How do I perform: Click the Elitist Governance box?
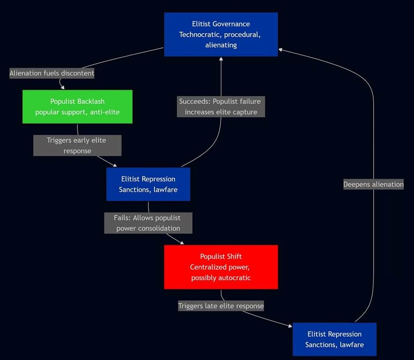pyautogui.click(x=221, y=34)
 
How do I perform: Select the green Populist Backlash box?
pyautogui.click(x=77, y=107)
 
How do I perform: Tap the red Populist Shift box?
pyautogui.click(x=221, y=267)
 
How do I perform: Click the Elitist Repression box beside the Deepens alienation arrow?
pyautogui.click(x=334, y=339)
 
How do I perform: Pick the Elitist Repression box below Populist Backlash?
pyautogui.click(x=148, y=184)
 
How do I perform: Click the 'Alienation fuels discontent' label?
pyautogui.click(x=52, y=73)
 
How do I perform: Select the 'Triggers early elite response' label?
pyautogui.click(x=77, y=146)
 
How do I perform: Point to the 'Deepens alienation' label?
pyautogui.click(x=373, y=184)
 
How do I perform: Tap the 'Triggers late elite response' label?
pyautogui.click(x=221, y=306)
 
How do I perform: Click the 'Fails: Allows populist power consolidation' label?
pyautogui.click(x=148, y=223)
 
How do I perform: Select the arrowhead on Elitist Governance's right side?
pyautogui.click(x=280, y=50)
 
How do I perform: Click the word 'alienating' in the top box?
pyautogui.click(x=221, y=45)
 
